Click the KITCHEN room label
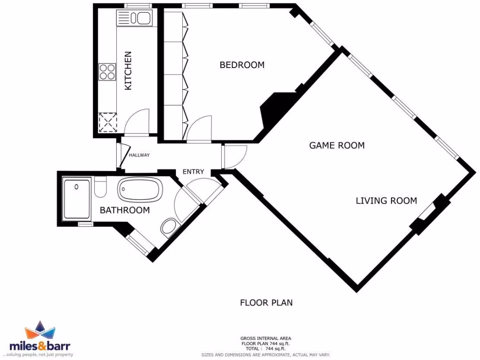coord(128,71)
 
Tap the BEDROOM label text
coord(242,65)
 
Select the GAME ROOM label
coord(337,145)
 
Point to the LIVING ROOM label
coord(386,201)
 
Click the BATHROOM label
coord(125,210)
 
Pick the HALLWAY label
coord(139,155)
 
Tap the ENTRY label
coord(193,172)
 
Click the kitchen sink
coord(141,18)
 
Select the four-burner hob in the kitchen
coord(107,72)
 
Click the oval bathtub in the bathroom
coord(140,191)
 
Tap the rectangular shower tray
coord(76,199)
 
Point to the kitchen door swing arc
coord(139,121)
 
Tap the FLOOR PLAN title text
coord(266,302)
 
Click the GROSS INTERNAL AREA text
coord(266,338)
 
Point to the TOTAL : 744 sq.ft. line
coord(266,349)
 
